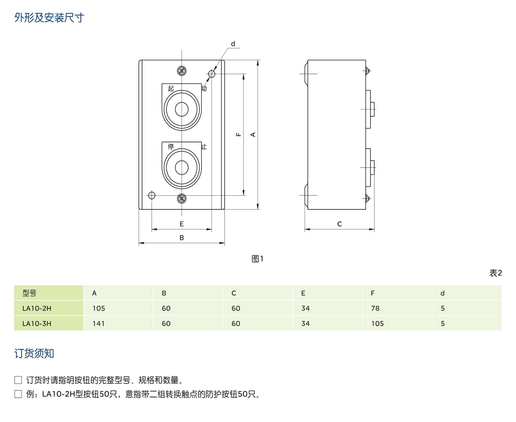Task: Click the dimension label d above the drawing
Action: [233, 44]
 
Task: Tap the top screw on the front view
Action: [182, 71]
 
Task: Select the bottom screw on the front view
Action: [182, 198]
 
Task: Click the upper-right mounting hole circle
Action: [212, 74]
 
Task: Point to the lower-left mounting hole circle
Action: [152, 195]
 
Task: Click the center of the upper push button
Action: [182, 109]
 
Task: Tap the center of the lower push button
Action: [182, 168]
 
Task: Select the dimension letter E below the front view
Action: [182, 224]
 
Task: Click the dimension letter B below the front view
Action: [182, 237]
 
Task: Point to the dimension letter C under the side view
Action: [339, 224]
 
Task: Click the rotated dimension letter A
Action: [253, 134]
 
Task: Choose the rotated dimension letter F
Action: [239, 134]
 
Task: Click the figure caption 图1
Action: [257, 259]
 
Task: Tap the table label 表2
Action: [495, 273]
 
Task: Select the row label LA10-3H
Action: [37, 323]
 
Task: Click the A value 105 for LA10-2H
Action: [99, 308]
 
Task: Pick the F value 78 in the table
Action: [375, 308]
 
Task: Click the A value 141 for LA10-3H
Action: [99, 323]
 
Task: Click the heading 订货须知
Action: [34, 353]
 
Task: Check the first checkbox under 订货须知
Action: [18, 380]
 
